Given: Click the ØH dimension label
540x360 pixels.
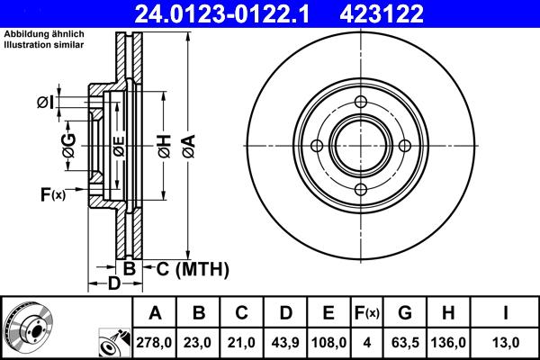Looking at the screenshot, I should tap(164, 145).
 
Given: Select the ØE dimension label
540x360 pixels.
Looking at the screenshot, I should tap(118, 145).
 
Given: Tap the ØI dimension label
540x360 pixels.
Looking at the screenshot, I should tap(46, 103).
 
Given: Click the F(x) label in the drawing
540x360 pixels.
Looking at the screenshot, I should tap(52, 193).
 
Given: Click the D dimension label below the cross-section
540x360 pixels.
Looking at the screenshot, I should tap(113, 285).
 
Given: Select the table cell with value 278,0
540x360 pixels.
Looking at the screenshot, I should tap(155, 342).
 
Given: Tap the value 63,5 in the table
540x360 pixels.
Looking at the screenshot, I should tap(404, 342).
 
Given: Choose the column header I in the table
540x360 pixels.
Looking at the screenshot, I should tap(505, 313).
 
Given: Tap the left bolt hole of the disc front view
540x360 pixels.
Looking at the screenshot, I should tap(317, 146).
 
